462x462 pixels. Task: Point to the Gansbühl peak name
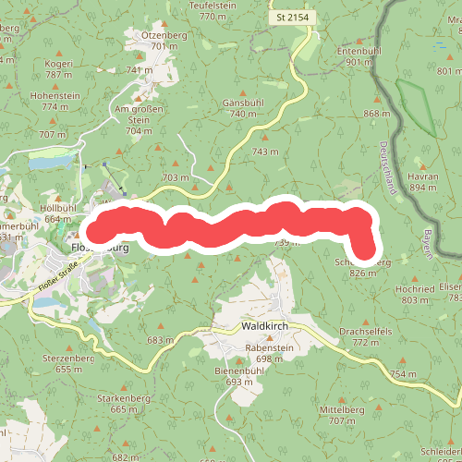(243, 103)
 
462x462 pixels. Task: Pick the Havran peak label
(422, 176)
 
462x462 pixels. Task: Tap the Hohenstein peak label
(55, 95)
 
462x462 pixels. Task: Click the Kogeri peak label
(58, 64)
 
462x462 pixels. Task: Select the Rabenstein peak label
(269, 347)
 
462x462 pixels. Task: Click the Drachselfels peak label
(366, 331)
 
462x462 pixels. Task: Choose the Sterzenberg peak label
(68, 358)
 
